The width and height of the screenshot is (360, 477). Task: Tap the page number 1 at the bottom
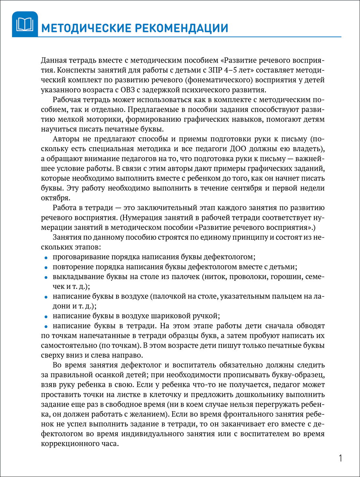340,458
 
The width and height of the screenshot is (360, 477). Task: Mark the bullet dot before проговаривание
46,258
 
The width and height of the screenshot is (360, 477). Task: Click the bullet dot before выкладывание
46,277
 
